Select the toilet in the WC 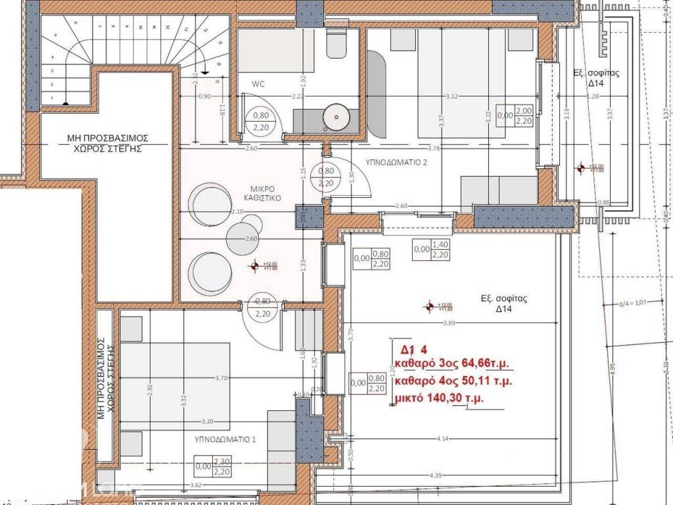click(338, 43)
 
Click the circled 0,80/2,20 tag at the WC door click(261, 122)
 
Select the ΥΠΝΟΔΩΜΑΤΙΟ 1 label click(224, 438)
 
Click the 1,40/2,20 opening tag click(440, 249)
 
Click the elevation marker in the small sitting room click(254, 266)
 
